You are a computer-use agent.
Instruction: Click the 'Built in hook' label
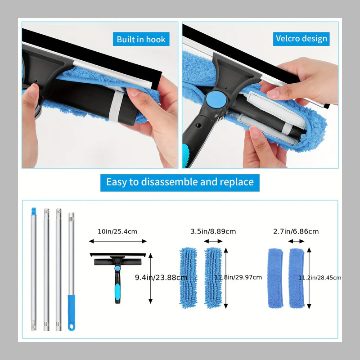coord(141,39)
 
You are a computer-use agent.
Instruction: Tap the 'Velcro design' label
coord(301,39)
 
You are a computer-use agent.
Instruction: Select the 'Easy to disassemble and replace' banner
coord(180,182)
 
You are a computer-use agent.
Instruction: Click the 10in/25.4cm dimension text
coord(117,231)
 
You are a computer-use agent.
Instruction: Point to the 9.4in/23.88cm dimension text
coord(161,278)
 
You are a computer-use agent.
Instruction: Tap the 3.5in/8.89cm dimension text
coord(213,231)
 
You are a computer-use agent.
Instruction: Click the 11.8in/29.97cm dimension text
coord(238,277)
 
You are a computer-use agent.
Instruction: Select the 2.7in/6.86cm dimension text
coord(296,231)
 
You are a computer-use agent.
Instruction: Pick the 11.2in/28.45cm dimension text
coord(319,278)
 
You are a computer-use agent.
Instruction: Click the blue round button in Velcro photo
coord(212,99)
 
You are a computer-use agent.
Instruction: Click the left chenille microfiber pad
coord(189,277)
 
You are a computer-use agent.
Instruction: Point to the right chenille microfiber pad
coord(213,277)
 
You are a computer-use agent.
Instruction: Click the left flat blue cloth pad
coord(275,278)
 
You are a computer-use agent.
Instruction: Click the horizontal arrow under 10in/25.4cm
coord(118,241)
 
